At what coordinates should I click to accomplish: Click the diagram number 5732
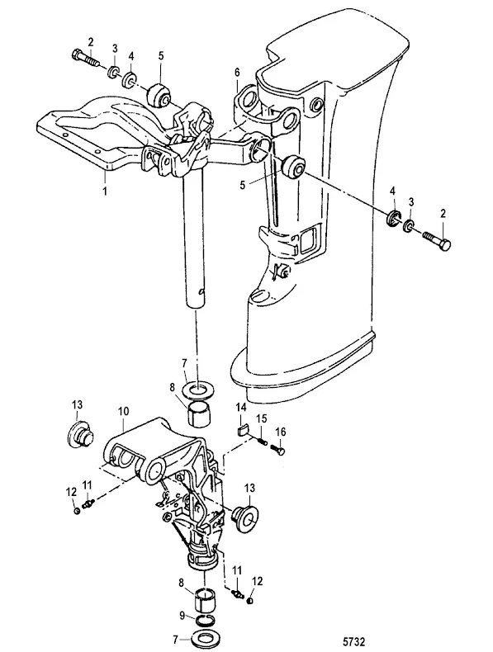point(353,641)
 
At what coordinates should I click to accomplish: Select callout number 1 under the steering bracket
point(105,191)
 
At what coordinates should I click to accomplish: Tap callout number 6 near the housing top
point(237,72)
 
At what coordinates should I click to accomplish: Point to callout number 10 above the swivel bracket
point(124,411)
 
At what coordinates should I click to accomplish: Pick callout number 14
point(242,408)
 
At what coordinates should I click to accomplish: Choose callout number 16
point(281,432)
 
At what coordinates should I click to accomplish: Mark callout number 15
point(261,418)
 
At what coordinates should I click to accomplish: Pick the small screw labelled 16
point(278,449)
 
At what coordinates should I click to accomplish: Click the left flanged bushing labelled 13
point(81,434)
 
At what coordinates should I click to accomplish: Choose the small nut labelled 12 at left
point(77,510)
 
